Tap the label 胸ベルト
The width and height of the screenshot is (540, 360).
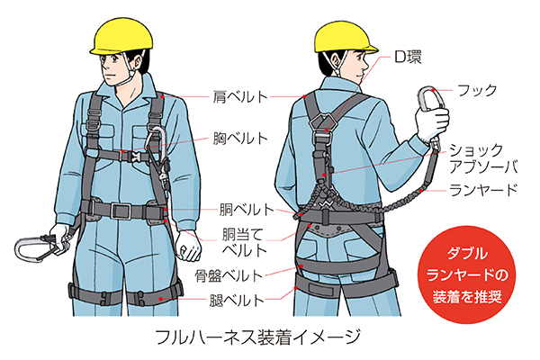[x=240, y=139]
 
